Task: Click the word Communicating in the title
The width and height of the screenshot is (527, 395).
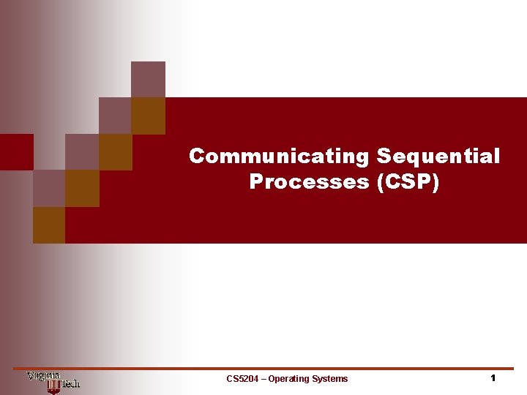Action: (279, 156)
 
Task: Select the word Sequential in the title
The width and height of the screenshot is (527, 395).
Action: (438, 156)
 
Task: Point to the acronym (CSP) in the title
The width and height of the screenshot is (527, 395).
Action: (408, 181)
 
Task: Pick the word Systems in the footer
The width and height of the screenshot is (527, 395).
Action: (330, 379)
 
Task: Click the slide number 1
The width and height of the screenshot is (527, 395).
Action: (493, 378)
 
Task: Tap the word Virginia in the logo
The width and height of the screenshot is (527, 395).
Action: (43, 376)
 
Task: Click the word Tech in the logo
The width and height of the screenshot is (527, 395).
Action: (69, 383)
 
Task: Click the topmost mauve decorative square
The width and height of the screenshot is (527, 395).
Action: (148, 79)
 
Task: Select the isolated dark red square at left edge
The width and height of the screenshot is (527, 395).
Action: (16, 151)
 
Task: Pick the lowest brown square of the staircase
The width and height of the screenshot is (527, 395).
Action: (49, 225)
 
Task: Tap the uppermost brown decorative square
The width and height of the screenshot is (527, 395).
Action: (148, 116)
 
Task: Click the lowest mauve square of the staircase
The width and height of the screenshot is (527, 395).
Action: (49, 188)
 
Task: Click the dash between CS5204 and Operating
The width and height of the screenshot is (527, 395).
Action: (264, 379)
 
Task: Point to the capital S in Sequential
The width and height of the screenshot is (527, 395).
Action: (384, 156)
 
